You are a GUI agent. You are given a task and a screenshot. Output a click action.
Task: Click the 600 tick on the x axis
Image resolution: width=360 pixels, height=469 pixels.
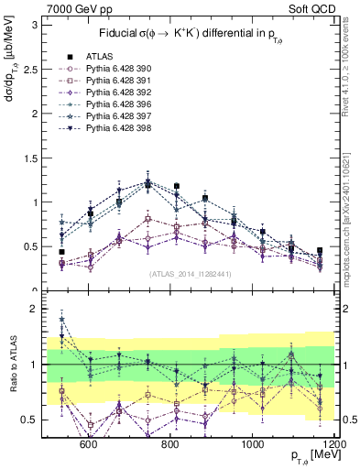coord(89,443)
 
